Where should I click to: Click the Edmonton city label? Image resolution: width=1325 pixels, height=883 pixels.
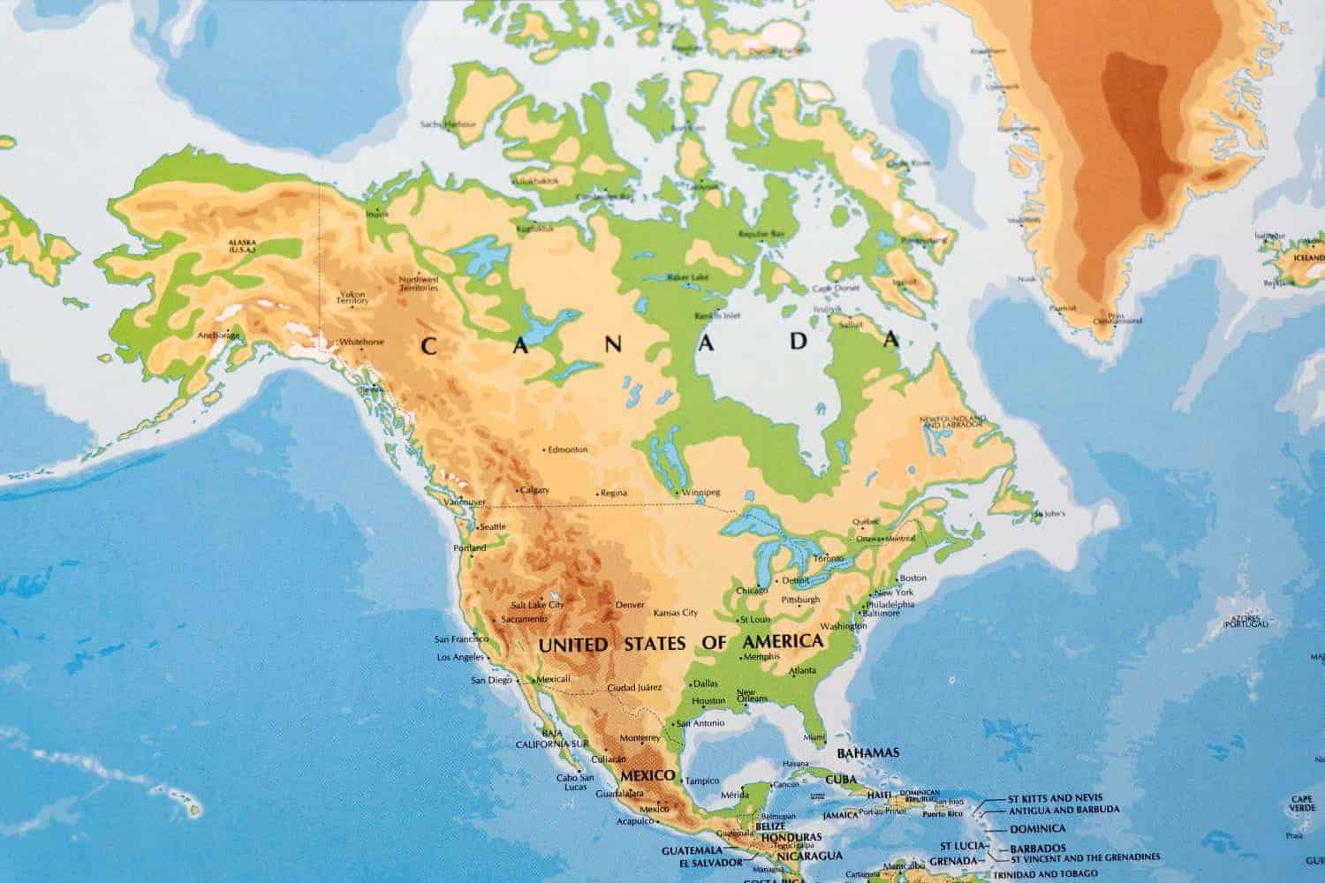click(567, 449)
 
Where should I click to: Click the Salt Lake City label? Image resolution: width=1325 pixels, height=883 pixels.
click(537, 605)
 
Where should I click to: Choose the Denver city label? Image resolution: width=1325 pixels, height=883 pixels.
click(630, 605)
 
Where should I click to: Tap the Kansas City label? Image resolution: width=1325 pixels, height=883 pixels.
click(675, 612)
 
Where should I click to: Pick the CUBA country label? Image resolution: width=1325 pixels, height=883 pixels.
click(841, 780)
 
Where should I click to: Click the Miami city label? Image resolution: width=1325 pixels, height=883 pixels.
click(814, 737)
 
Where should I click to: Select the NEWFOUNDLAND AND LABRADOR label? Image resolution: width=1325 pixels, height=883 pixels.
click(951, 421)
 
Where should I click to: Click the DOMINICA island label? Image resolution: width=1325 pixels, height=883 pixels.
click(1037, 828)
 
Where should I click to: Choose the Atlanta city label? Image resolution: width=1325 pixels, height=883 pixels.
click(804, 669)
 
